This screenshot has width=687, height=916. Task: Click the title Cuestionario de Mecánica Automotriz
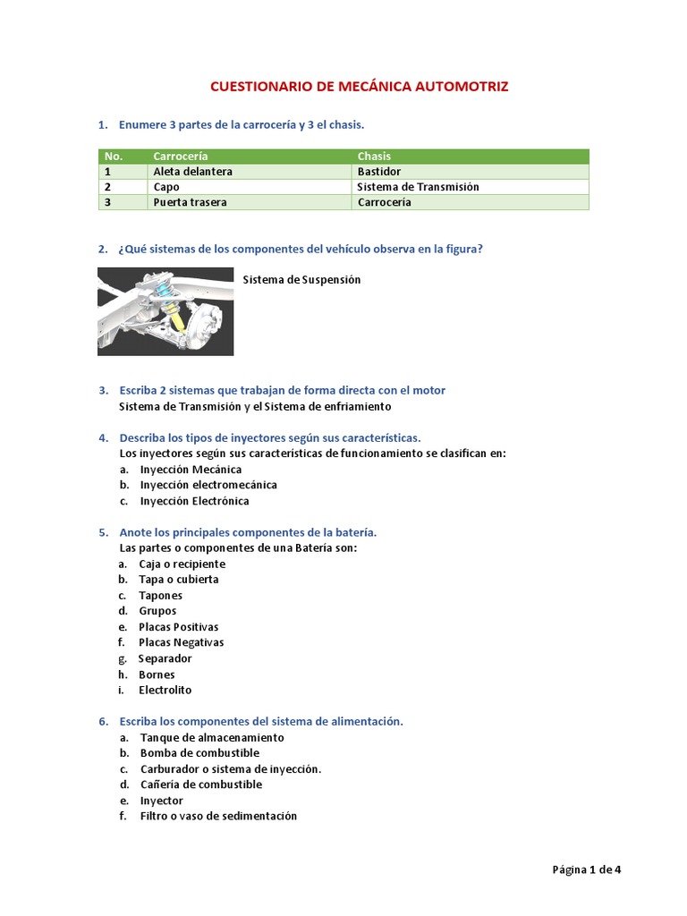tap(359, 87)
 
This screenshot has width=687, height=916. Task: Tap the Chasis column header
tap(374, 157)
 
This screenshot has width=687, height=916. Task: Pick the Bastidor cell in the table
tap(379, 172)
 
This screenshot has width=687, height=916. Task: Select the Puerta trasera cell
tap(190, 202)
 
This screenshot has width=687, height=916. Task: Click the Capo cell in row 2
tap(166, 187)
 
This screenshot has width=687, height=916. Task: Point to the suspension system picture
tap(165, 311)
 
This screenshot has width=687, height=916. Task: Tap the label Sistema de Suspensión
tap(301, 280)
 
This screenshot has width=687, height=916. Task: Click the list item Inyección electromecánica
tap(208, 485)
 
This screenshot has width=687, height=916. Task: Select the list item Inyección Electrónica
tap(194, 501)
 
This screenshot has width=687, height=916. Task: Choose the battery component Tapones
tap(160, 596)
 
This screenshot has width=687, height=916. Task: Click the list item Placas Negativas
tap(181, 642)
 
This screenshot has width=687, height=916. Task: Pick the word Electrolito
tap(165, 690)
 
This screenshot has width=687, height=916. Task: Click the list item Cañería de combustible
tap(201, 785)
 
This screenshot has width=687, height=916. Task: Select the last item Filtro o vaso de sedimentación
tap(218, 816)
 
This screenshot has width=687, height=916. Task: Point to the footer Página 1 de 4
tap(586, 868)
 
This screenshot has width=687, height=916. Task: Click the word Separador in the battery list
tap(165, 658)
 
